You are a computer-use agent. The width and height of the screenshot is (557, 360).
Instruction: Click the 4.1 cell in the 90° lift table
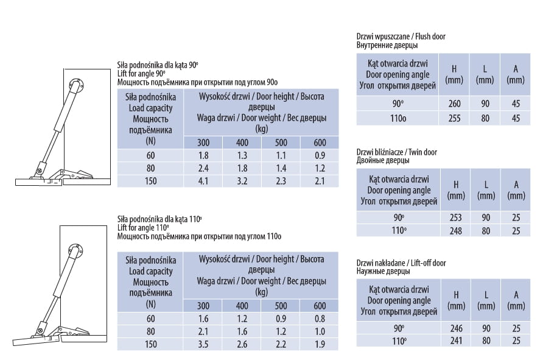click(203, 180)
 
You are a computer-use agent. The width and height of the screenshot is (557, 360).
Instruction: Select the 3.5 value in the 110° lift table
click(203, 344)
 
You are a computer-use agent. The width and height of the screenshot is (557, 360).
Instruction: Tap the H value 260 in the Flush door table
click(454, 104)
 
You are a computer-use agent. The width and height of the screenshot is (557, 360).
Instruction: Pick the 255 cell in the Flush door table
click(454, 118)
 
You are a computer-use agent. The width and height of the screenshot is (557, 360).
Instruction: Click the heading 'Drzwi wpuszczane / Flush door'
click(401, 37)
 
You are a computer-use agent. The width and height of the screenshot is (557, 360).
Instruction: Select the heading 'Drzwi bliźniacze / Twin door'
click(396, 152)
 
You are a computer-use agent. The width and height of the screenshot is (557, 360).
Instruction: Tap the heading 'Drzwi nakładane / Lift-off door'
click(401, 263)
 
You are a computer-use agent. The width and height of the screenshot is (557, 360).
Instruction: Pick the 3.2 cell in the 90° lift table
click(242, 180)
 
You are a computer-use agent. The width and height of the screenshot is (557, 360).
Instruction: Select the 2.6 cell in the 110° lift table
click(242, 344)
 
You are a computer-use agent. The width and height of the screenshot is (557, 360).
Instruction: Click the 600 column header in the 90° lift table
click(320, 143)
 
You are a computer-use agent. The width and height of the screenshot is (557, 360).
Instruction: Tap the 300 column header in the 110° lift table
click(203, 306)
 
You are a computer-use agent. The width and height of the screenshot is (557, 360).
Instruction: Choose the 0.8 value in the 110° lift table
click(320, 319)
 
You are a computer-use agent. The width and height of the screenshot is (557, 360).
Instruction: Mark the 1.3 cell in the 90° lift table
click(242, 155)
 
